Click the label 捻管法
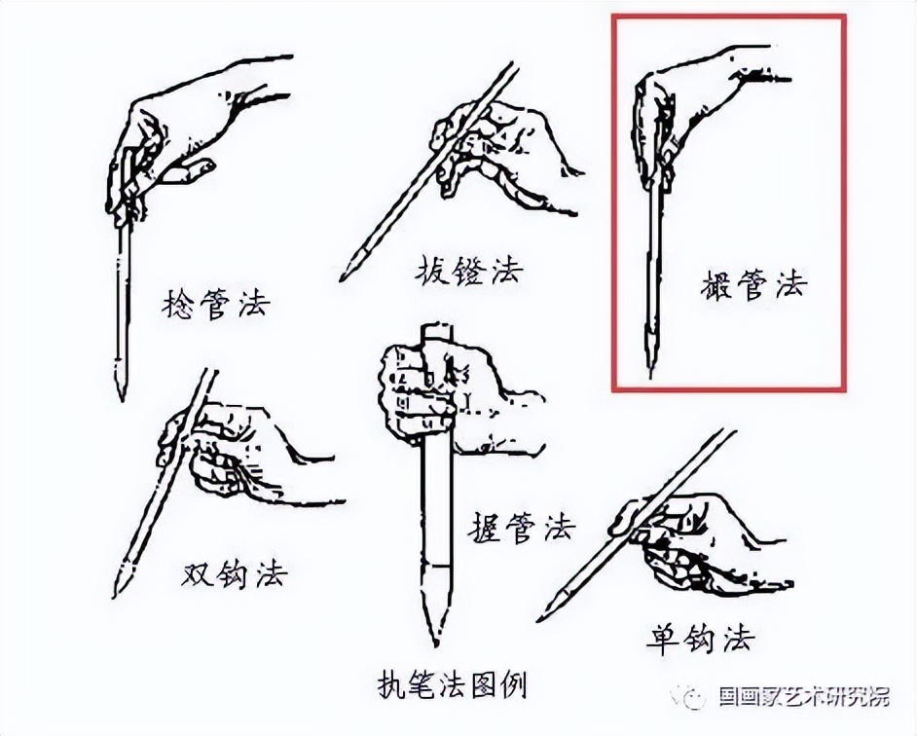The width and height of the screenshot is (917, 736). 215,306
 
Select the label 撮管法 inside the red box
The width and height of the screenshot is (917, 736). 753,285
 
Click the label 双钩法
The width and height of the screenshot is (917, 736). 234,573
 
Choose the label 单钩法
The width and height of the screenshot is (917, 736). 699,639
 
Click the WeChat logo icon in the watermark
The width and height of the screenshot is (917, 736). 695,696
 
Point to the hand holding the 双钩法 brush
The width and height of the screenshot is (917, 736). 234,453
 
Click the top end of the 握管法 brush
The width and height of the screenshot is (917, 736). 433,328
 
